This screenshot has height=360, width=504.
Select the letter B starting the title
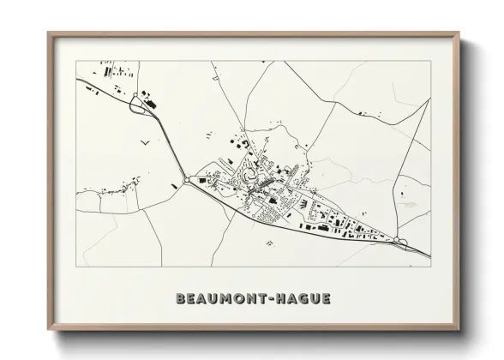(180, 298)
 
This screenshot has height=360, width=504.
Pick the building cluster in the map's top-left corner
(116, 70)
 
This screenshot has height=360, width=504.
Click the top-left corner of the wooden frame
(49, 33)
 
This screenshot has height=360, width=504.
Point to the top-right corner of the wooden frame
(459, 33)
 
